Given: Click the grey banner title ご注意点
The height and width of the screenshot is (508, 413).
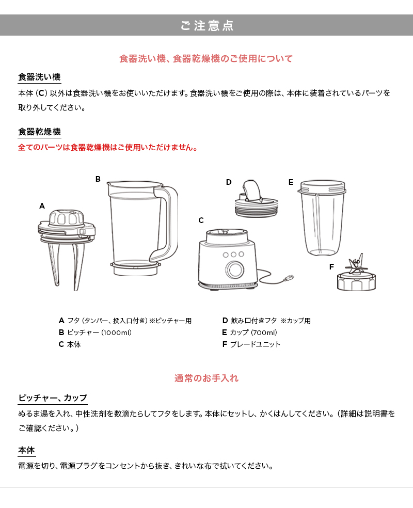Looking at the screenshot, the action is pyautogui.click(x=206, y=25).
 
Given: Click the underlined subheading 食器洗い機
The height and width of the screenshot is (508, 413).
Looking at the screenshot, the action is pyautogui.click(x=39, y=77).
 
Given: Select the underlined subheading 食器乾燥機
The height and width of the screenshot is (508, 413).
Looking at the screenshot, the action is pyautogui.click(x=39, y=132).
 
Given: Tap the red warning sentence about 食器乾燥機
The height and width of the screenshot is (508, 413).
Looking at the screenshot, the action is pyautogui.click(x=107, y=148).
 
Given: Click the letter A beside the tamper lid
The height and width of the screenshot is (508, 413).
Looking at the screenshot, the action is pyautogui.click(x=42, y=206).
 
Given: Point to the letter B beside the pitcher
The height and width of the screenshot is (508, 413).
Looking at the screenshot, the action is pyautogui.click(x=98, y=179).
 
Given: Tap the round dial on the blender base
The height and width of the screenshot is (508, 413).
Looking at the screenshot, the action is pyautogui.click(x=235, y=268).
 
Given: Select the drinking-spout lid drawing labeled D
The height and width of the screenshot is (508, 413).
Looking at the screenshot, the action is pyautogui.click(x=256, y=199).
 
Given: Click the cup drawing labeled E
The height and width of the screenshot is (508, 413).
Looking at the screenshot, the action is pyautogui.click(x=322, y=218).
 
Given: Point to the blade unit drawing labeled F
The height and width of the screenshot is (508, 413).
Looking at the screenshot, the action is pyautogui.click(x=356, y=274).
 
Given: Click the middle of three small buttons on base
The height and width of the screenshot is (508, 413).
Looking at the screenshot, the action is pyautogui.click(x=233, y=255).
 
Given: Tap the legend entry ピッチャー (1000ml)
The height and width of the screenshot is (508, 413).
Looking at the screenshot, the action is pyautogui.click(x=95, y=332).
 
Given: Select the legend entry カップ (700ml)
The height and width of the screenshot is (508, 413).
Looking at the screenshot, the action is pyautogui.click(x=250, y=332).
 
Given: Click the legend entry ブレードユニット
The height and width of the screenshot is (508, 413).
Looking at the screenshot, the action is pyautogui.click(x=251, y=344).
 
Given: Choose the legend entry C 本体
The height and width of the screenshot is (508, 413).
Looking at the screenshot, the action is pyautogui.click(x=70, y=344).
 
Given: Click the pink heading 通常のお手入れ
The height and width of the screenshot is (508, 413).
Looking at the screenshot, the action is pyautogui.click(x=206, y=378).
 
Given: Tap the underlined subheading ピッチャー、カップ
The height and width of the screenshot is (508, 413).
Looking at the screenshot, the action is pyautogui.click(x=53, y=398).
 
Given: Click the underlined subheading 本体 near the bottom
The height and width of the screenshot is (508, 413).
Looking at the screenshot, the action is pyautogui.click(x=26, y=450).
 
